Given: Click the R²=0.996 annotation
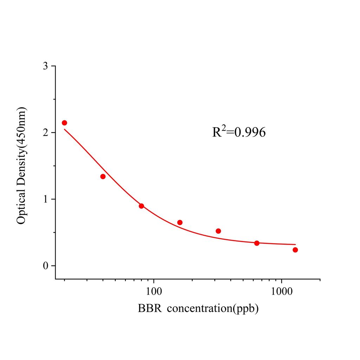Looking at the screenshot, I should [239, 132].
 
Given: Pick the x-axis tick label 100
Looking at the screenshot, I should [154, 291].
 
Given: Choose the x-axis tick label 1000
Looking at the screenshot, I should [282, 291].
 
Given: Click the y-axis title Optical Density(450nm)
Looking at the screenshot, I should [21, 166].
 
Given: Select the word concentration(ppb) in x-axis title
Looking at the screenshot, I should [212, 309].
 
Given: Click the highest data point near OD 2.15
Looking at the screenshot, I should [64, 123].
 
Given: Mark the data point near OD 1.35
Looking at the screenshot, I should [103, 176].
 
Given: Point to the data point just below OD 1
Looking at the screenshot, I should [141, 206].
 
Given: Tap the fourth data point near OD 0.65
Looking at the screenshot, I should [180, 223].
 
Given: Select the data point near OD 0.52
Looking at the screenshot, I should [218, 231].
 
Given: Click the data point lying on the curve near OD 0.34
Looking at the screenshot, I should [257, 243].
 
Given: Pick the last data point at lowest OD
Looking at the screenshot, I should [295, 250].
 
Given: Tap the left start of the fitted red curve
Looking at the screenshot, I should [64, 129].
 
